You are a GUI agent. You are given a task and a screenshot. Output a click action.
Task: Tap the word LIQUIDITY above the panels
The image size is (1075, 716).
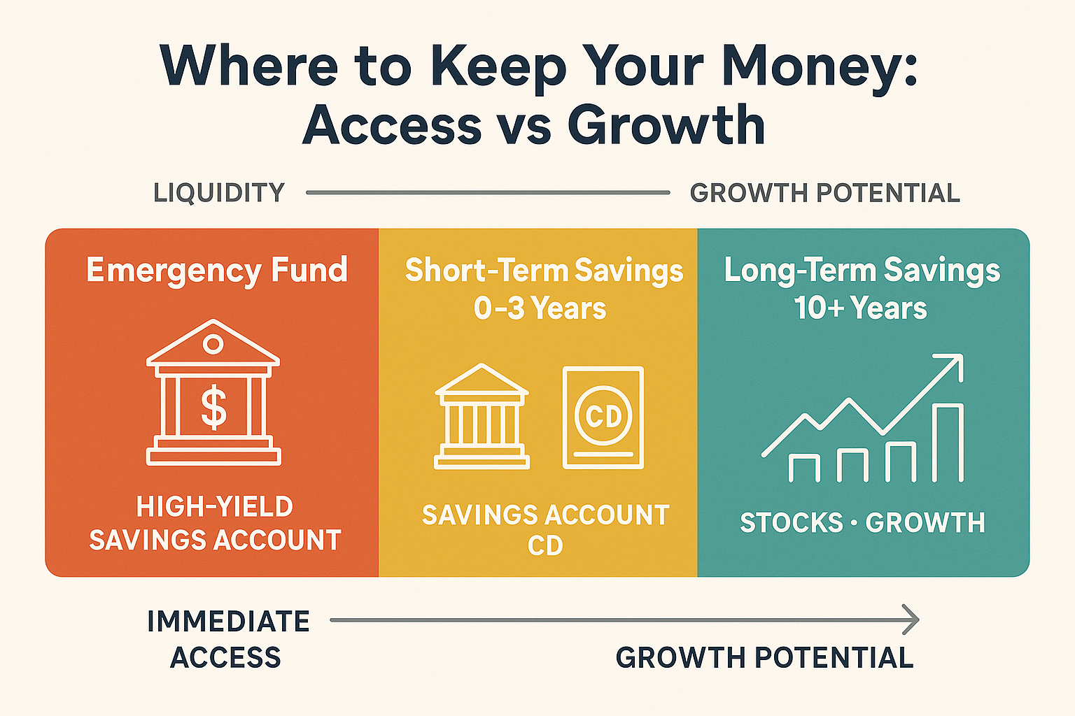219,193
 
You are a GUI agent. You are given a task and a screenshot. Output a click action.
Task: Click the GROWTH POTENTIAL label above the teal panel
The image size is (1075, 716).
824,193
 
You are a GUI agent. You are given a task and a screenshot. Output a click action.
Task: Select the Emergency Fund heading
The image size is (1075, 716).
217,270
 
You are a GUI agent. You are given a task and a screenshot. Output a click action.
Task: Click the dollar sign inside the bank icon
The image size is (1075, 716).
213,408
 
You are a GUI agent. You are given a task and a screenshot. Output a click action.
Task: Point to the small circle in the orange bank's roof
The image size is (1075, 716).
213,344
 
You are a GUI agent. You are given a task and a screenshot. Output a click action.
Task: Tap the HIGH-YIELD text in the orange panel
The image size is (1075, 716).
214,507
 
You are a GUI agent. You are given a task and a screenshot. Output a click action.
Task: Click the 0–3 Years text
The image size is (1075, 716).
540,308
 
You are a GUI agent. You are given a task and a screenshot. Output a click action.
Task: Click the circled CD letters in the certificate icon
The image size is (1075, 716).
603,417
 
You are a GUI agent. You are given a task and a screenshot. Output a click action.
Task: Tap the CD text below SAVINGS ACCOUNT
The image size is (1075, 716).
545,546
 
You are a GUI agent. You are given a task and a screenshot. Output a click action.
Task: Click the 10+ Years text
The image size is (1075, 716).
861,308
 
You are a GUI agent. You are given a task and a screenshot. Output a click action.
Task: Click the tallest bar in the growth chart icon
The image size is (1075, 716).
949,443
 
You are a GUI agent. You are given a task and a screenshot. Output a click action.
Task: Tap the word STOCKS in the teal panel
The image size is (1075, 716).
792,523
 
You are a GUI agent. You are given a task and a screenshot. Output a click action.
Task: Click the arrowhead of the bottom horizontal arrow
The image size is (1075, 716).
911,620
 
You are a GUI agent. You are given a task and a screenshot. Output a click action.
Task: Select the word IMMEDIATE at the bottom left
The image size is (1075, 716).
228,622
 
